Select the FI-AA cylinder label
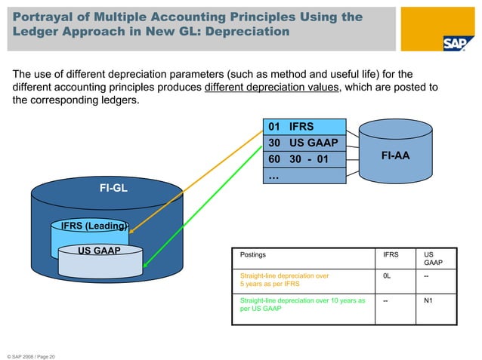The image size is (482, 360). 395,157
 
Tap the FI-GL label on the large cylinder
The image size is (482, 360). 113,188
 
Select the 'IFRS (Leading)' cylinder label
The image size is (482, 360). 94,226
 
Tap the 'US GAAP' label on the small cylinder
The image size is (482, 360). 100,250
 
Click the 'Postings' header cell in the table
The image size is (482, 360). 252,255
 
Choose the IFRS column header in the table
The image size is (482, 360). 392,255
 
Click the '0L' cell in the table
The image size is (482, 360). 387,276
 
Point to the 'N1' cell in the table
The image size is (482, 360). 428,300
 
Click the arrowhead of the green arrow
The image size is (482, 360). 145,266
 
